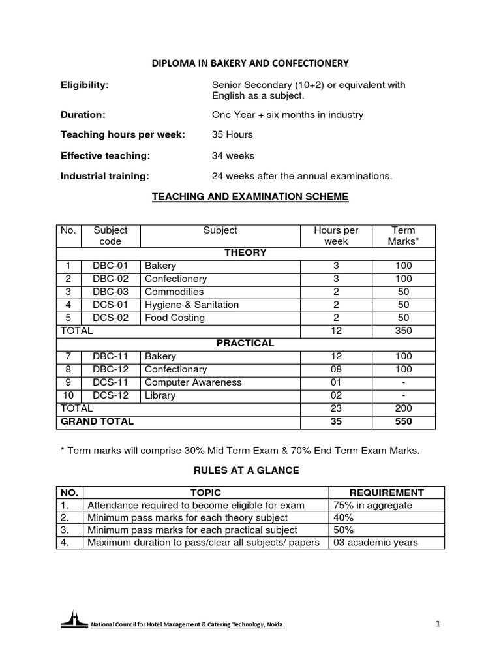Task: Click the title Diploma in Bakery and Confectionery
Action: pos(250,63)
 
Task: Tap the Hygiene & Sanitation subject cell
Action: pos(192,305)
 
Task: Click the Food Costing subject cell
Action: pos(175,318)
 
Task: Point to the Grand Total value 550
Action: pos(403,421)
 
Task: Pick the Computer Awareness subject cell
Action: pos(193,382)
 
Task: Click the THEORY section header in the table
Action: pos(245,252)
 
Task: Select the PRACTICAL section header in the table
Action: pos(245,343)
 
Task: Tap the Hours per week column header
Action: pos(336,235)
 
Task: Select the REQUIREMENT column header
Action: pos(386,493)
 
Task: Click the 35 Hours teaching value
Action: pos(232,135)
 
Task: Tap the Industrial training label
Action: pos(105,176)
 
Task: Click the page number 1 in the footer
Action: pos(438,624)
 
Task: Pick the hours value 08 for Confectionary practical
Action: pos(336,369)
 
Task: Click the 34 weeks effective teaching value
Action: pos(233,156)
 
